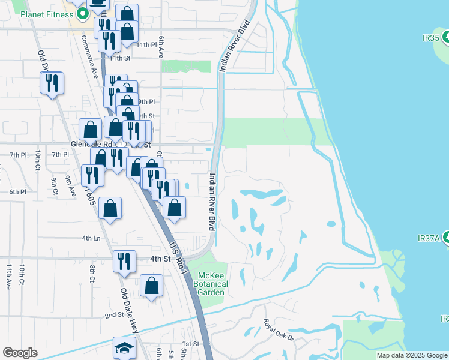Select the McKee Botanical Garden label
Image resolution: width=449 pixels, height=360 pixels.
tap(212, 284)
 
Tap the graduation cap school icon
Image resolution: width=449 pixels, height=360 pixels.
tap(124, 348)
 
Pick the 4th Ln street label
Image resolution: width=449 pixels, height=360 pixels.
tap(91, 238)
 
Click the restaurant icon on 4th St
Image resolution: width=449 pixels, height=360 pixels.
tap(124, 261)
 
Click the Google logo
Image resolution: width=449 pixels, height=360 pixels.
tap(20, 352)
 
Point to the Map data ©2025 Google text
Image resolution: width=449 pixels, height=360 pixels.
tap(412, 355)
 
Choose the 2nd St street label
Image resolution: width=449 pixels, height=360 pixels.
tap(113, 315)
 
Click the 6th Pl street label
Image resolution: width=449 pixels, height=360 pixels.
tap(17, 192)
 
